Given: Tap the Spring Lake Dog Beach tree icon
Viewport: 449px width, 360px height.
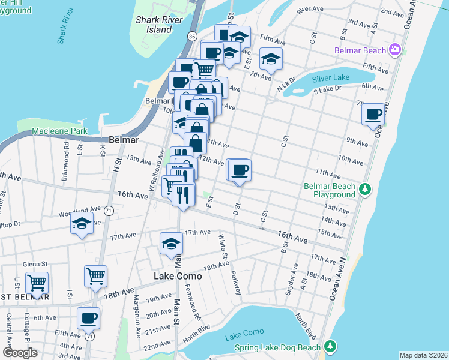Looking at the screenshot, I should (x=330, y=346).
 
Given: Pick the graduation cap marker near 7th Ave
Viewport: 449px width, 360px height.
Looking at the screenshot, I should (x=271, y=58).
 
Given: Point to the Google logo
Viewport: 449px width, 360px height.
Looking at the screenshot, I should (x=19, y=353).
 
